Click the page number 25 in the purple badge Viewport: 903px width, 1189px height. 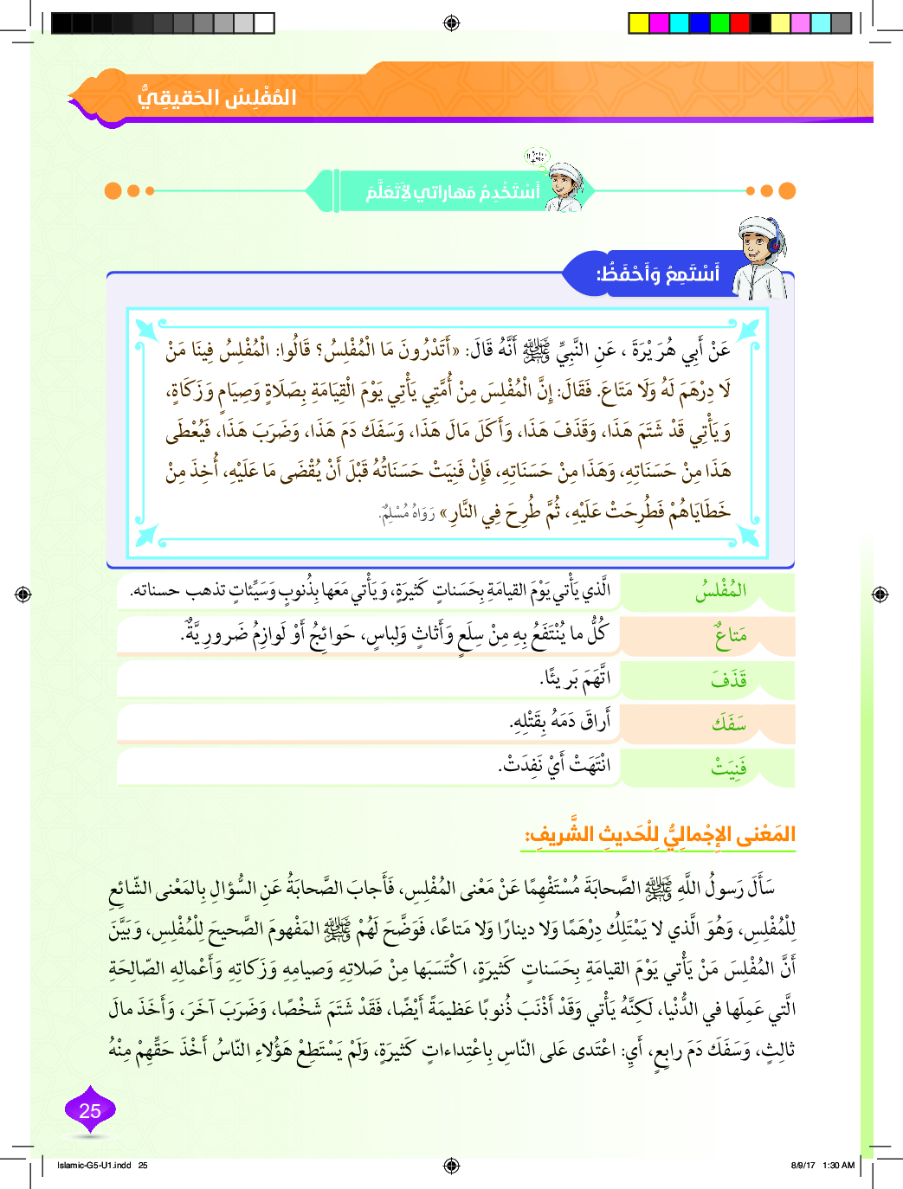(x=90, y=1111)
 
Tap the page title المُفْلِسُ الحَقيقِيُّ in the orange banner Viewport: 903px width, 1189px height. (x=216, y=97)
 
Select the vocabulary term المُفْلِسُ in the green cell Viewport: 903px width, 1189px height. (x=720, y=592)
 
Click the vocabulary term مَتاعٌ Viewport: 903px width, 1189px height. (x=730, y=637)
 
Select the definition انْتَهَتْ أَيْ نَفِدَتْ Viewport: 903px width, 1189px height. (x=554, y=765)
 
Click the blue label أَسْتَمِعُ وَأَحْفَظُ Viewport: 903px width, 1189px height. (x=657, y=274)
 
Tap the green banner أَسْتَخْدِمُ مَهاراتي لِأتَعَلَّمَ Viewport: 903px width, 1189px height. (x=452, y=191)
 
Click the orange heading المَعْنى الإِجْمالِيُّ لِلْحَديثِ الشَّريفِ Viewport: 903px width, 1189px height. (x=660, y=835)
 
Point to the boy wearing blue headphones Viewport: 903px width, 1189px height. (x=763, y=257)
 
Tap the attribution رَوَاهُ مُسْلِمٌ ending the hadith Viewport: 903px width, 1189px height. (x=407, y=515)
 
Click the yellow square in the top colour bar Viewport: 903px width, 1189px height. (x=639, y=23)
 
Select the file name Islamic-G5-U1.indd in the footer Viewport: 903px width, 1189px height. (x=94, y=1165)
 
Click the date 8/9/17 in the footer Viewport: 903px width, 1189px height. (x=803, y=1165)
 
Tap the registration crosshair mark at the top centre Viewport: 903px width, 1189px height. (x=451, y=23)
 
